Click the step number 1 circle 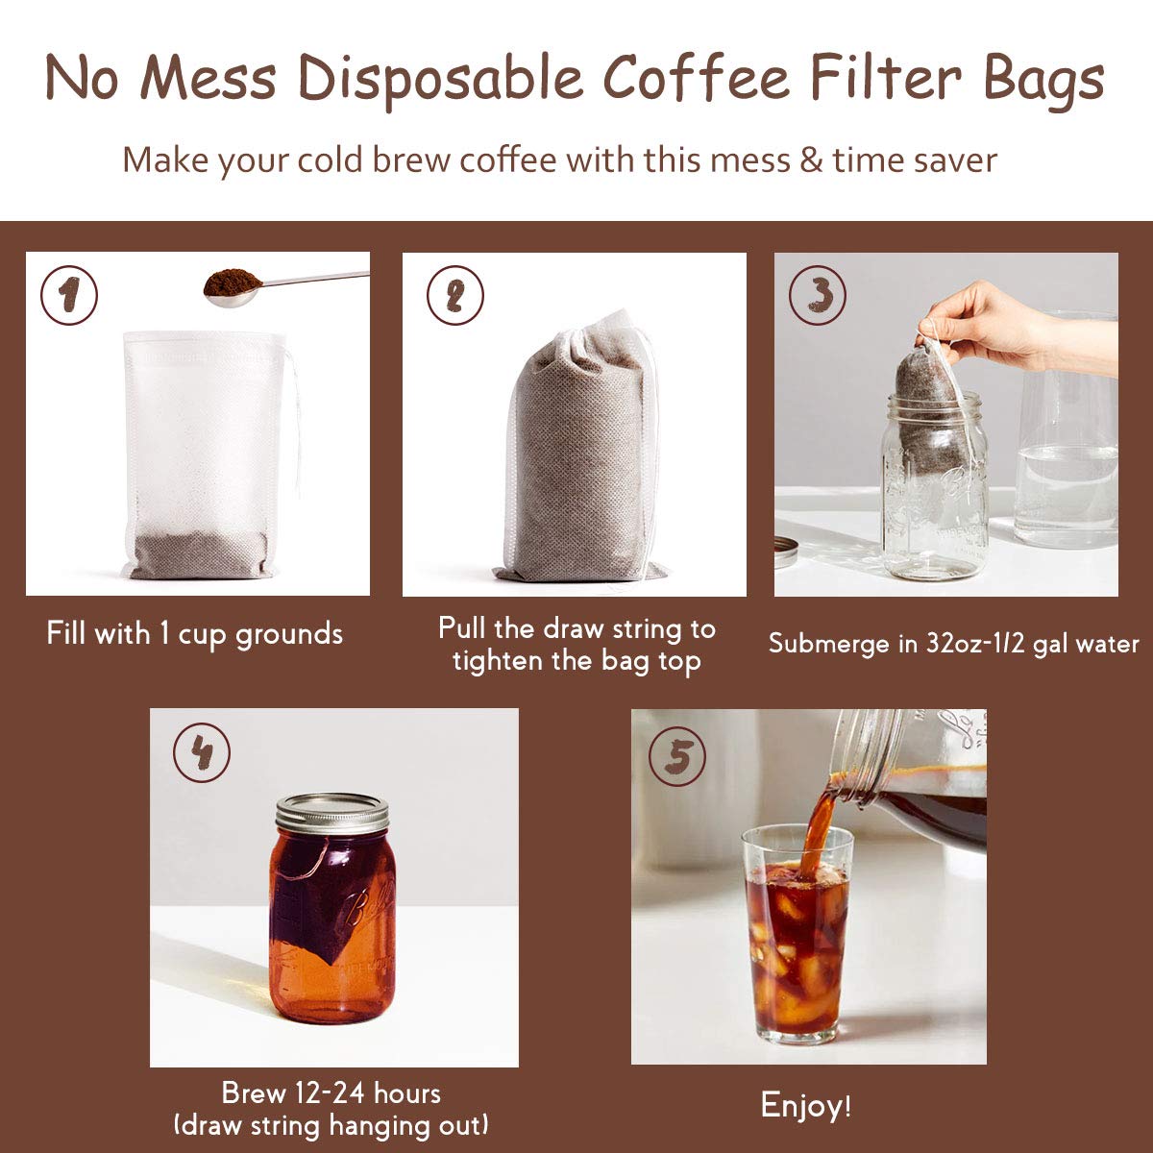[68, 296]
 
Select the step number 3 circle [817, 296]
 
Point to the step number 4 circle [201, 753]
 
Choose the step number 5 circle [677, 756]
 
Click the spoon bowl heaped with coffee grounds [233, 285]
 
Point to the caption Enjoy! [805, 1105]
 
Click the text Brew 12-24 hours [331, 1092]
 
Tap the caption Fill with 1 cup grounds [195, 633]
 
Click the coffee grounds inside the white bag [200, 553]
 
